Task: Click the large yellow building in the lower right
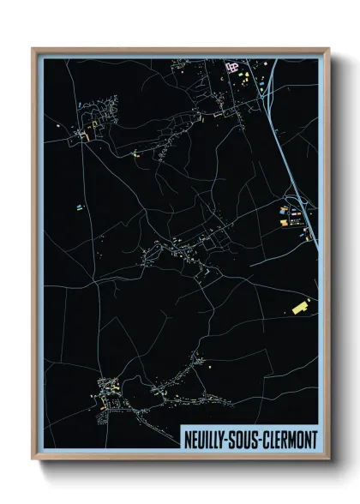[301, 305]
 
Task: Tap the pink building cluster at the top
[231, 65]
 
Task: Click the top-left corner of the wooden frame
[33, 49]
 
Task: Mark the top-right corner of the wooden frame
[328, 49]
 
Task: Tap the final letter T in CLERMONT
[314, 440]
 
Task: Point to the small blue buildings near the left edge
[79, 207]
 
